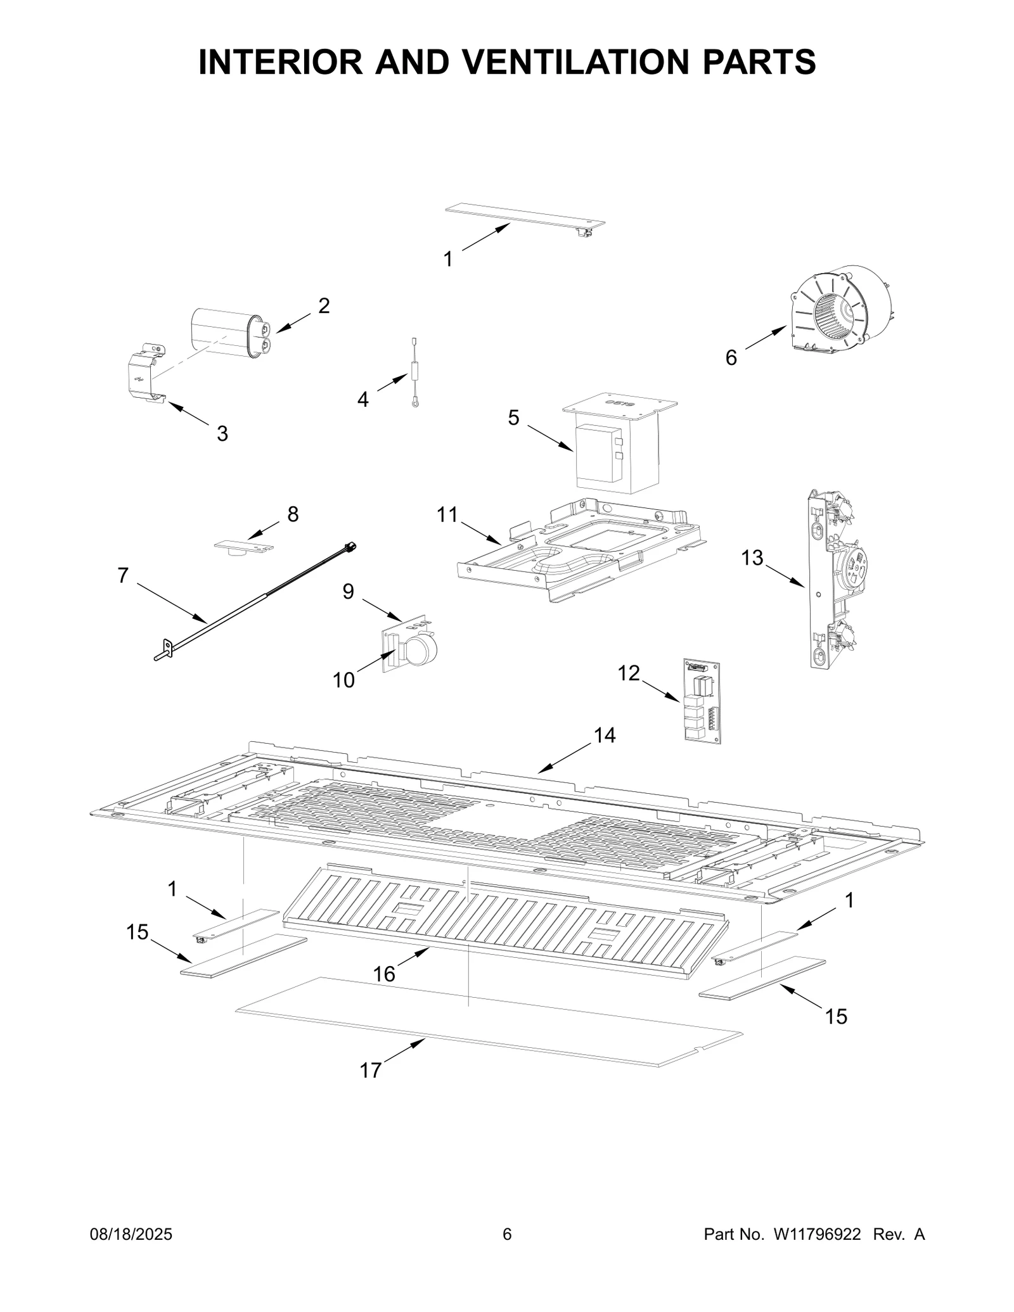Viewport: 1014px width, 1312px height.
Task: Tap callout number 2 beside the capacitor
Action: tap(324, 306)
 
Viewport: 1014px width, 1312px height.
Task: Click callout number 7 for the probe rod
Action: tap(123, 575)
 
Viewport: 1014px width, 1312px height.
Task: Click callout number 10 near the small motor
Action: tap(343, 680)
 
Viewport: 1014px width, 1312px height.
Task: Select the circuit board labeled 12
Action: tap(702, 700)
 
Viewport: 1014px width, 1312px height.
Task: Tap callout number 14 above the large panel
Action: tap(605, 735)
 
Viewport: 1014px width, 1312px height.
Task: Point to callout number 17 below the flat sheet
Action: tap(371, 1070)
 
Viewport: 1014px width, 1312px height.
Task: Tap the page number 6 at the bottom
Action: tap(506, 1234)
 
